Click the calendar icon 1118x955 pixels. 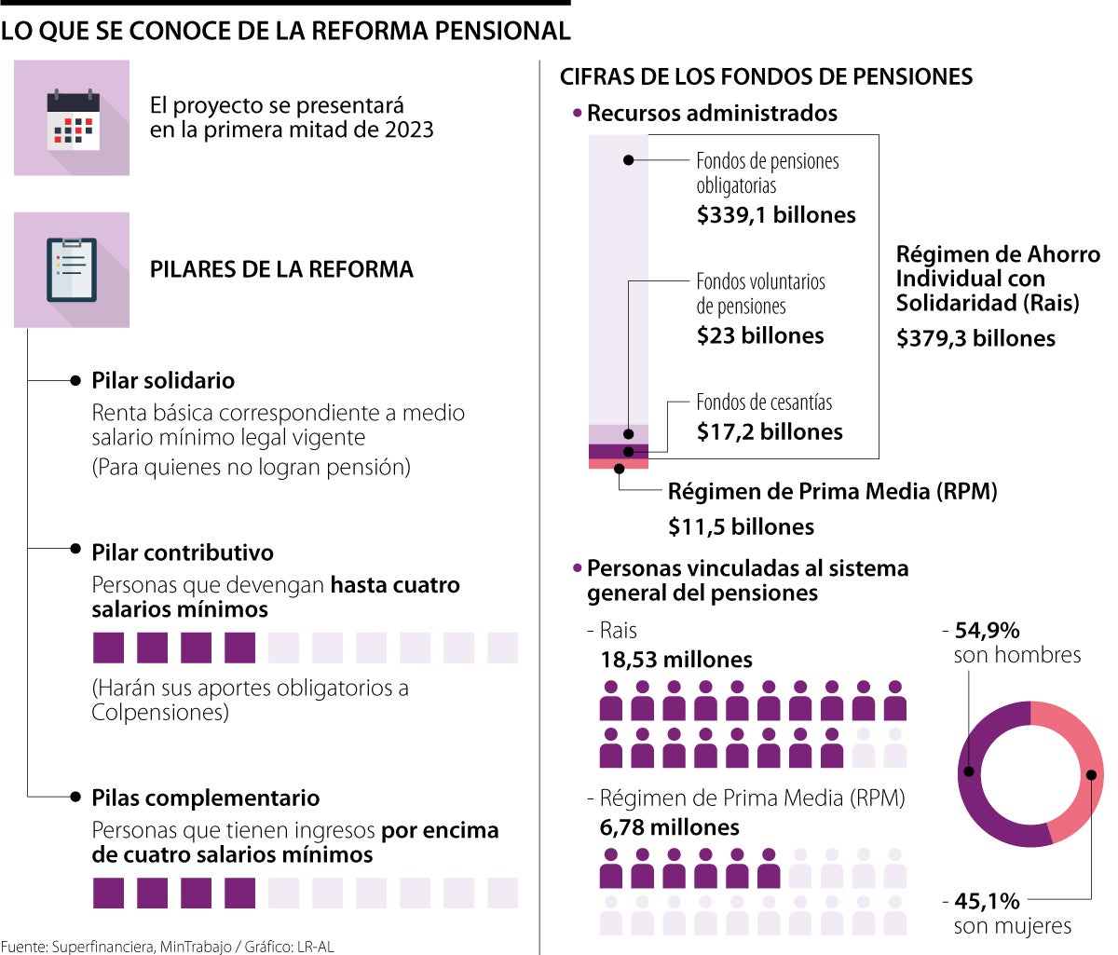point(72,118)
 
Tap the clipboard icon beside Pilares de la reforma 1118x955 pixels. point(72,270)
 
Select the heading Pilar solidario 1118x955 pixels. point(163,381)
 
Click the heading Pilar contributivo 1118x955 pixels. point(183,553)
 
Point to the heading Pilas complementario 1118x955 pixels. point(205,798)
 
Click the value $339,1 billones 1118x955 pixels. point(775,215)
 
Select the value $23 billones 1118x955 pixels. point(760,335)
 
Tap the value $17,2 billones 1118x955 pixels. point(770,431)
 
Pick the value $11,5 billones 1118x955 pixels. point(741,527)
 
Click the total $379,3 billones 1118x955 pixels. point(975,338)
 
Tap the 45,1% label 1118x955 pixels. point(987,902)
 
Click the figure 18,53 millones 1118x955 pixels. point(675,660)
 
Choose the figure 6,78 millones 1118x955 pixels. point(669,827)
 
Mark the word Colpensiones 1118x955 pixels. point(159,713)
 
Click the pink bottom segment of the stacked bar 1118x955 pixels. point(618,464)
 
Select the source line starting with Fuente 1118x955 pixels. point(167,947)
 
